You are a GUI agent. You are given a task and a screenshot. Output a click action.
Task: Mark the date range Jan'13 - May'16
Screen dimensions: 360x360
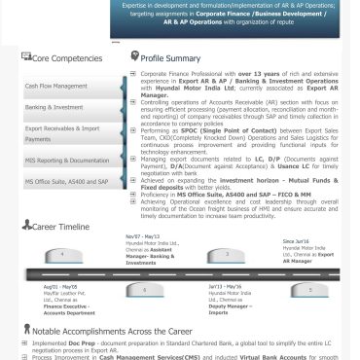click(226, 287)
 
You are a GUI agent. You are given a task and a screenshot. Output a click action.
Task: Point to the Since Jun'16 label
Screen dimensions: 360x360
click(296, 239)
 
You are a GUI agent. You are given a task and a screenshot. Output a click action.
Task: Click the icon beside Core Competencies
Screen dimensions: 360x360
click(26, 58)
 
